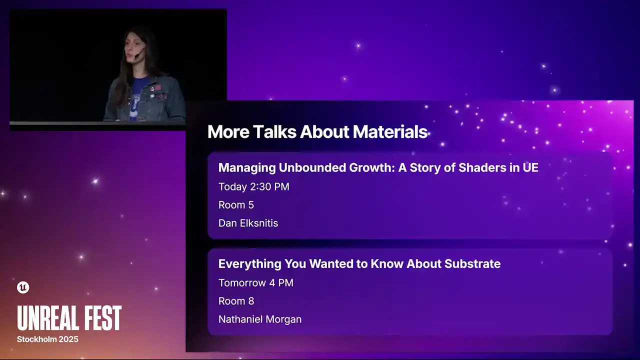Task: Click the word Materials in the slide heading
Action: coord(390,131)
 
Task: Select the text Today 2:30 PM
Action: coord(253,186)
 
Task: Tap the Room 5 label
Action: coord(236,205)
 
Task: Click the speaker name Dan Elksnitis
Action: coord(248,223)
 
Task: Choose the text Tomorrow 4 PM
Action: coord(255,283)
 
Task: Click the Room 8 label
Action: coord(236,301)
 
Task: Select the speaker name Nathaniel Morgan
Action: coord(259,319)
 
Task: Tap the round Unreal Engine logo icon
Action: coord(23,287)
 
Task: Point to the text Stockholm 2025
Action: coord(47,339)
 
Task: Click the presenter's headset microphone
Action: coord(137,55)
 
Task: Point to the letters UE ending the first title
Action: coord(530,167)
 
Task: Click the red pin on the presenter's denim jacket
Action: coord(158,87)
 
